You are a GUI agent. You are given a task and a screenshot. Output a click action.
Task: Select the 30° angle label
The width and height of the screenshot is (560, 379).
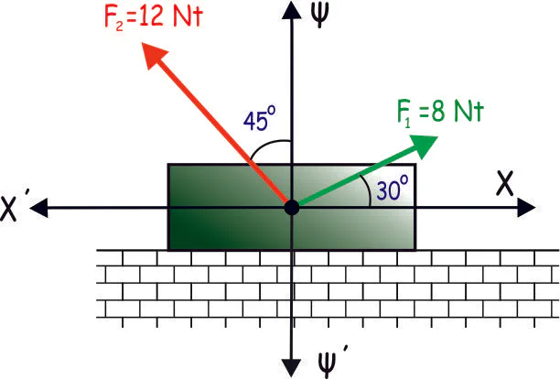pyautogui.click(x=391, y=189)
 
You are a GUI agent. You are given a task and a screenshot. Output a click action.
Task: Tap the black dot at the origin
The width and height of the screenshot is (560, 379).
pyautogui.click(x=291, y=208)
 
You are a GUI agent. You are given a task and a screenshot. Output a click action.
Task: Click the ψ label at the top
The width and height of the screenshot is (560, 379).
pyautogui.click(x=321, y=17)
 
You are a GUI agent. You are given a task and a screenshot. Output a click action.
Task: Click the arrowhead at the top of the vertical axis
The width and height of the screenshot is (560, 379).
pyautogui.click(x=291, y=11)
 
